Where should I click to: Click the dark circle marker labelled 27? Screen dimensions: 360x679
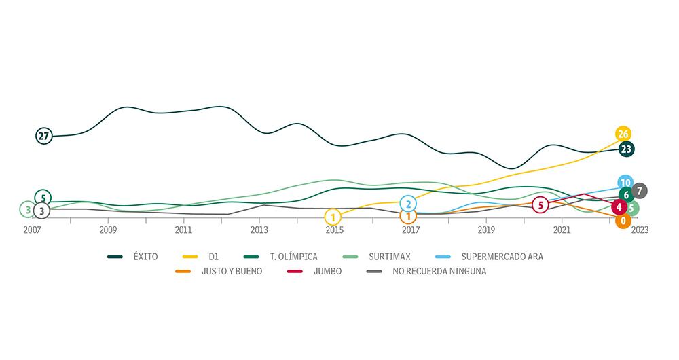pyautogui.click(x=44, y=136)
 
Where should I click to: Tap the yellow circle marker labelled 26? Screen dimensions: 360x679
pyautogui.click(x=623, y=134)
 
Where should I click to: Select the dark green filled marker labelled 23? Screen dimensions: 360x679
pyautogui.click(x=627, y=149)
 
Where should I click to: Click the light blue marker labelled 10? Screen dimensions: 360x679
pyautogui.click(x=626, y=183)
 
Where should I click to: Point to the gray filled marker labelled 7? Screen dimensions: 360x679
pyautogui.click(x=639, y=191)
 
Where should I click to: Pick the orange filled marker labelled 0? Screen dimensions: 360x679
pyautogui.click(x=623, y=221)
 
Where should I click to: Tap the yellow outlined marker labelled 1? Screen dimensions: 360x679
pyautogui.click(x=333, y=217)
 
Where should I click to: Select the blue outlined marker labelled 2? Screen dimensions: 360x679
pyautogui.click(x=408, y=203)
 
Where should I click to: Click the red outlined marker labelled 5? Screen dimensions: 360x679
pyautogui.click(x=540, y=204)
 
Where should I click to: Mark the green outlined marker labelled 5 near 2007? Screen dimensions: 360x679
pyautogui.click(x=43, y=198)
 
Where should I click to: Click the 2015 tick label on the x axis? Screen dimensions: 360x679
pyautogui.click(x=334, y=230)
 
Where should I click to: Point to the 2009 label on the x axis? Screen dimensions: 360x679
pyautogui.click(x=108, y=230)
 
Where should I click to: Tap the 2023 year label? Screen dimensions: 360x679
pyautogui.click(x=639, y=230)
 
